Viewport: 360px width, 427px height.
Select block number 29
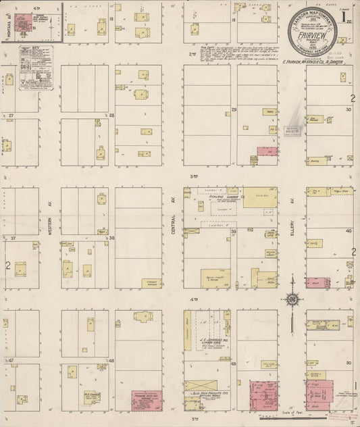[234, 109]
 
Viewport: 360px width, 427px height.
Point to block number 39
[234, 231]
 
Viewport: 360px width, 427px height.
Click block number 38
[112, 238]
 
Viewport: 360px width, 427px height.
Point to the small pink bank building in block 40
[316, 282]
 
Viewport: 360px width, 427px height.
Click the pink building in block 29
[267, 151]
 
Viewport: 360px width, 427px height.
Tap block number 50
[349, 363]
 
